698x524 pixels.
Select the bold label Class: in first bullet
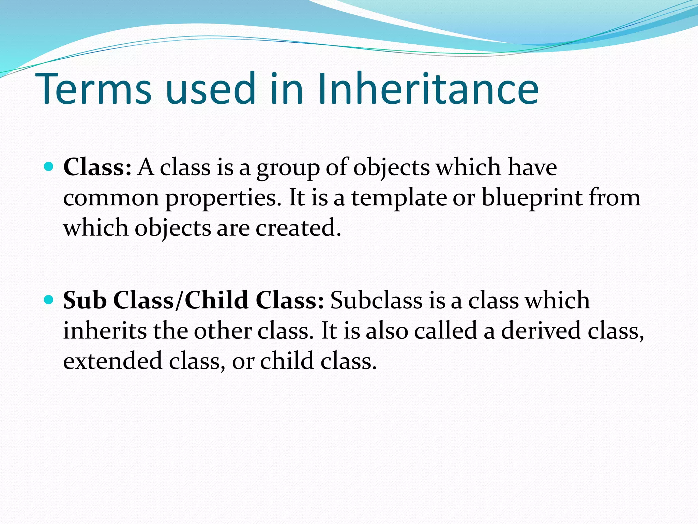(x=97, y=167)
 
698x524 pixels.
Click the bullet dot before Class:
(x=49, y=167)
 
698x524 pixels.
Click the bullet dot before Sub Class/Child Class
(x=49, y=300)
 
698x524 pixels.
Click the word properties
(x=223, y=199)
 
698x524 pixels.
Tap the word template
(x=399, y=198)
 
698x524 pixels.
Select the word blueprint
(x=532, y=198)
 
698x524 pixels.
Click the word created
(x=298, y=228)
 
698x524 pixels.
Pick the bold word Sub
(x=85, y=300)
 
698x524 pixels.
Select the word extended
(x=113, y=361)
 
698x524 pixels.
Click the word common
(x=111, y=199)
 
